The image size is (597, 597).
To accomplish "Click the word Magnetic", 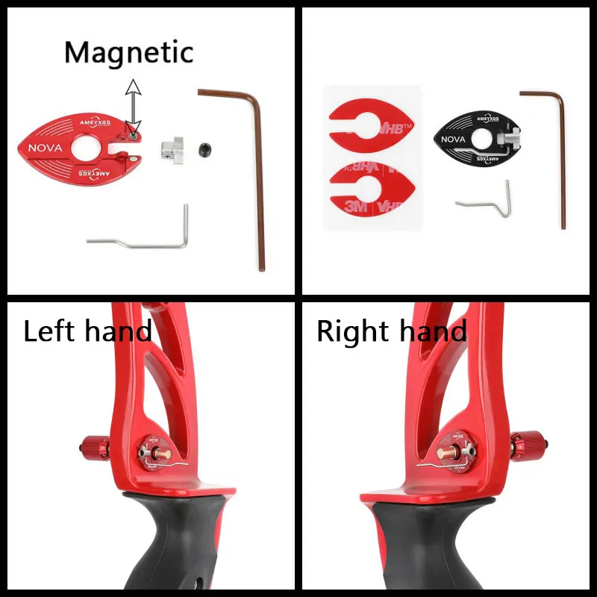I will [128, 52].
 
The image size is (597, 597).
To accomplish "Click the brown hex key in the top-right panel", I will [555, 149].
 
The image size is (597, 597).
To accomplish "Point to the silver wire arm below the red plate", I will [142, 239].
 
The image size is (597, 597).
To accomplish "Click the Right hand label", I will [392, 331].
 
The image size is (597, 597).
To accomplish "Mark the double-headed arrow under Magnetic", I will [133, 104].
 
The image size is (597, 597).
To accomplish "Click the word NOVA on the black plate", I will [454, 140].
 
